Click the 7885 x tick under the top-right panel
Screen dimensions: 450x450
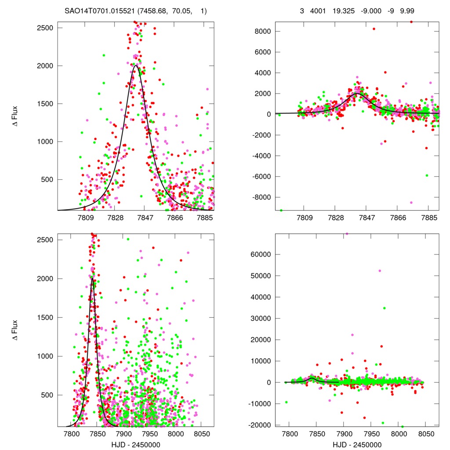pyautogui.click(x=429, y=218)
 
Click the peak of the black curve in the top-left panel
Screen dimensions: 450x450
pyautogui.click(x=136, y=66)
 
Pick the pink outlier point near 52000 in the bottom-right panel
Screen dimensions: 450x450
pyautogui.click(x=380, y=271)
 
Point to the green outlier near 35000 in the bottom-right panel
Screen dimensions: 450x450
pyautogui.click(x=384, y=308)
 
